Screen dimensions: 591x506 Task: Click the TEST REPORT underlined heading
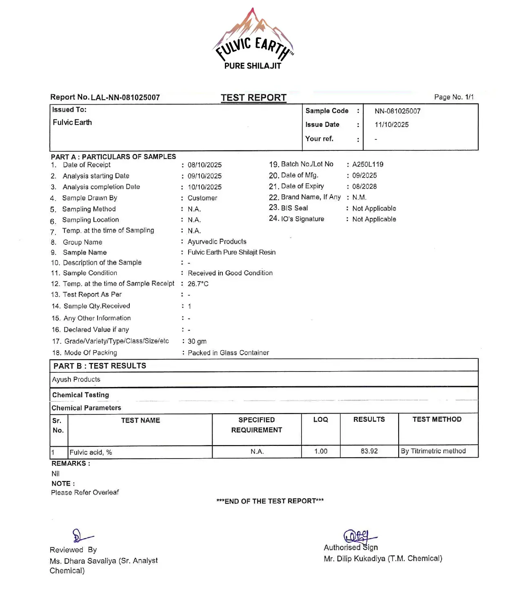click(253, 98)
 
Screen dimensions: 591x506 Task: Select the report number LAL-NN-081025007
click(125, 98)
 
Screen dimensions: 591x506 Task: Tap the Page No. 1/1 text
click(454, 97)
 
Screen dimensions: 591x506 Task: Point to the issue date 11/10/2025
click(391, 125)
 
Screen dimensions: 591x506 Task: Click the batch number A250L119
click(368, 164)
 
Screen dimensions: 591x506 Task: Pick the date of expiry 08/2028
click(364, 186)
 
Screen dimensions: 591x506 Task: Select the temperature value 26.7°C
click(198, 284)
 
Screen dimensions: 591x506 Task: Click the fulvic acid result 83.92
click(369, 451)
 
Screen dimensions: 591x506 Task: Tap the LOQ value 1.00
click(321, 451)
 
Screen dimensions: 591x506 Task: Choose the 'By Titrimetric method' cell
click(433, 451)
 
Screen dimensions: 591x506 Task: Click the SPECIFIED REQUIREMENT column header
click(257, 425)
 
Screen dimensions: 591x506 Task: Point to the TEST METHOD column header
click(437, 419)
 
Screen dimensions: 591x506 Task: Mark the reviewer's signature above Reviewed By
click(81, 536)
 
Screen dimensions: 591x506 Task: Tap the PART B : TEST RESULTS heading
click(100, 366)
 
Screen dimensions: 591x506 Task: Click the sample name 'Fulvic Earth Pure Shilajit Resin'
click(231, 252)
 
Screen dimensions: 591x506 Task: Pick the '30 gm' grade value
click(197, 341)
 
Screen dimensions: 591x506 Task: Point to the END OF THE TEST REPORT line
click(270, 501)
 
